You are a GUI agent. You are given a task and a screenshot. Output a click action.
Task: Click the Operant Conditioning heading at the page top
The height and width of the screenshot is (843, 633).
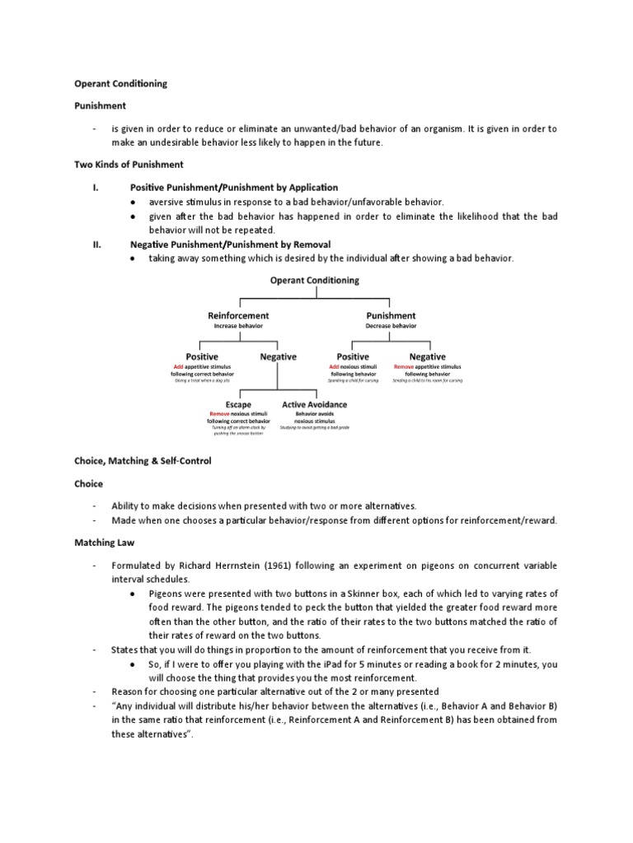click(120, 83)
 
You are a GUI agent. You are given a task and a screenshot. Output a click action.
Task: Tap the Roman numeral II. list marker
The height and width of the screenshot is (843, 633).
click(96, 245)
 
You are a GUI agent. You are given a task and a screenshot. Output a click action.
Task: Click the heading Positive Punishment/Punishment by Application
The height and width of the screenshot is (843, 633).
click(234, 188)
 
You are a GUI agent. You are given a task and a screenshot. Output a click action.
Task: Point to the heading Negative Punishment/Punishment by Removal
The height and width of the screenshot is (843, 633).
click(230, 245)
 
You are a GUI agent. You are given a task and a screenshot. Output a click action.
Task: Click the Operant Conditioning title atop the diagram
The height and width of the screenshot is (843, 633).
click(315, 280)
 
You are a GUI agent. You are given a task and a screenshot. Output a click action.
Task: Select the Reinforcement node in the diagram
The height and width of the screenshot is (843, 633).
click(237, 315)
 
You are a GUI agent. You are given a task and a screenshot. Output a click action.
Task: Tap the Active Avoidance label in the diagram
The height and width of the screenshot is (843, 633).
click(314, 404)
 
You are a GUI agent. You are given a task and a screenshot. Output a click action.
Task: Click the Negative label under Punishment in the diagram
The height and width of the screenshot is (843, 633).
click(428, 356)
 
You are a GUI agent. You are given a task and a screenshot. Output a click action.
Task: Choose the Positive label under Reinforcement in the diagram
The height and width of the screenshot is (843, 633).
click(202, 356)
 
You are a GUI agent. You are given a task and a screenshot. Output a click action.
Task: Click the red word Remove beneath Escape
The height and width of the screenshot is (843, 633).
click(219, 413)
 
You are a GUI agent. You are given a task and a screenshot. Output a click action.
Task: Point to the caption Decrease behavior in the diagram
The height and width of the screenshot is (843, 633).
click(391, 325)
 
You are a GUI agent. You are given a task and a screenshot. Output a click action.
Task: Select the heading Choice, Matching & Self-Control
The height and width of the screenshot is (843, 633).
click(143, 461)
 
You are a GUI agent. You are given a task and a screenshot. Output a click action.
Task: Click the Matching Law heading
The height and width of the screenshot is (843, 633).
click(105, 543)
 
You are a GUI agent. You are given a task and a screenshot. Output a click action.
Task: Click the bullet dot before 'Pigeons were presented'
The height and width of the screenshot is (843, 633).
click(134, 593)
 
